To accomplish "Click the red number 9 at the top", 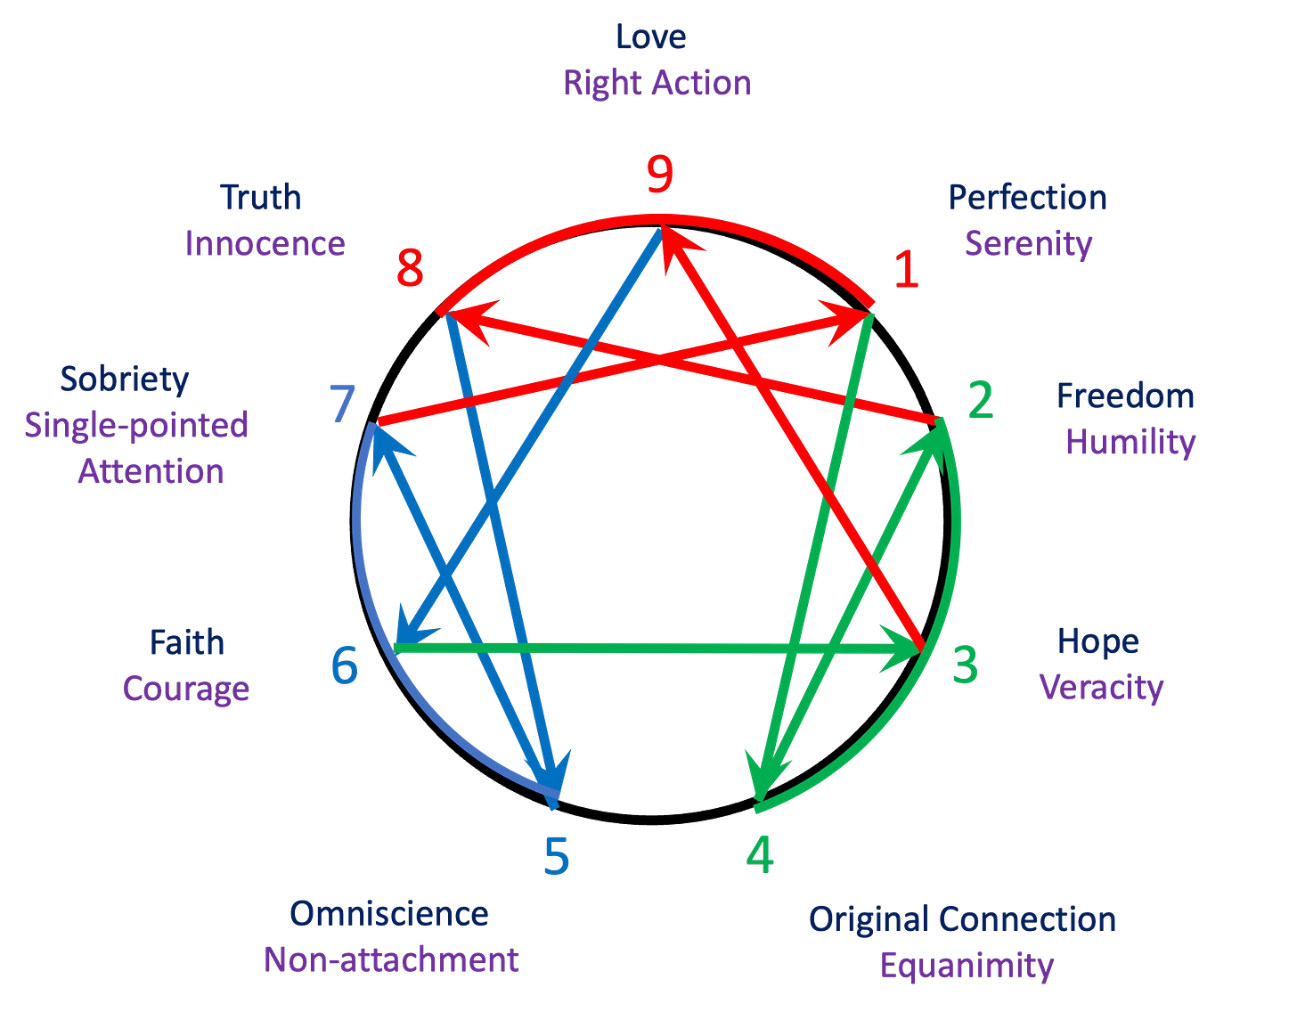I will click(659, 176).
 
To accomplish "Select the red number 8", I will click(410, 268).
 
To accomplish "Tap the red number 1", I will click(906, 269).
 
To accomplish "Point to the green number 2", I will click(980, 401).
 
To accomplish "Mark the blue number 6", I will click(345, 664).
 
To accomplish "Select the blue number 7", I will click(341, 403).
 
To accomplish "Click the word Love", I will click(651, 37).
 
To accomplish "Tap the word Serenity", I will click(1029, 243).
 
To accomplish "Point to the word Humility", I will click(1130, 442).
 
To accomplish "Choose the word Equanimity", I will click(967, 966).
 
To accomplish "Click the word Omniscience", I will click(389, 913).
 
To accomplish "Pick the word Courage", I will click(186, 688).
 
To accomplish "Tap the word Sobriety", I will click(125, 379).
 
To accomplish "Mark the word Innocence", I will click(265, 243).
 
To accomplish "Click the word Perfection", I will click(1027, 197).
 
